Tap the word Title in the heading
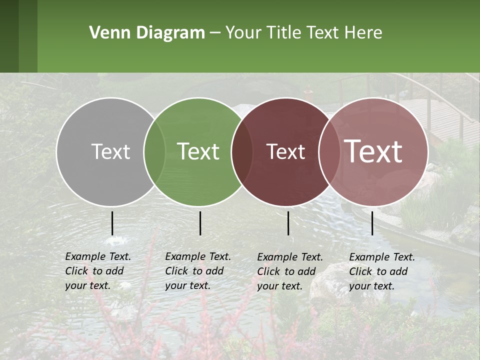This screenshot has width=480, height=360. click(283, 33)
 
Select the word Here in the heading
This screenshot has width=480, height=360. click(363, 33)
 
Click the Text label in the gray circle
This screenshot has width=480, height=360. click(110, 151)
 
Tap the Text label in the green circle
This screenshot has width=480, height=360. click(198, 151)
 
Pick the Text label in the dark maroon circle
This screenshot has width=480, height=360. click(285, 151)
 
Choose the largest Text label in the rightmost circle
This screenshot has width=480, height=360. click(373, 151)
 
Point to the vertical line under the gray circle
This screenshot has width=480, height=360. click(112, 223)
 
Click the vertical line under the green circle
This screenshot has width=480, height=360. click(200, 223)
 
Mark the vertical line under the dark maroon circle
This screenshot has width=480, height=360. click(288, 223)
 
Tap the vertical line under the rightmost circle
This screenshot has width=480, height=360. click(372, 223)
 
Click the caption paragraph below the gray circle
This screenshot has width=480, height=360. click(98, 271)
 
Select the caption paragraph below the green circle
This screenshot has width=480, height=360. click(198, 271)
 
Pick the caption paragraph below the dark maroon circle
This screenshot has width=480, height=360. click(290, 271)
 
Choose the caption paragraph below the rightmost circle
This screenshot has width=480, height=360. click(382, 271)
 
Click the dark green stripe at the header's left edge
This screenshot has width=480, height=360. click(9, 36)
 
